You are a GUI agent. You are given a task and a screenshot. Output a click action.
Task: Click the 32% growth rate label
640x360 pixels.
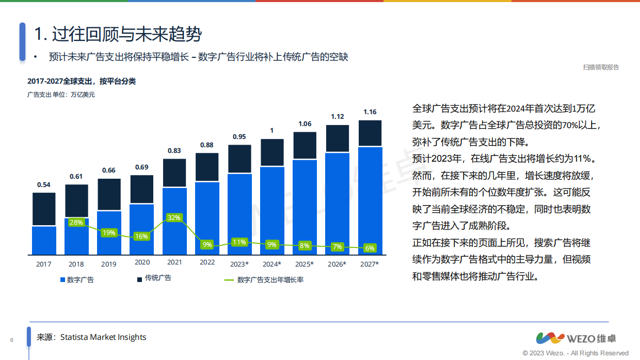[174, 218]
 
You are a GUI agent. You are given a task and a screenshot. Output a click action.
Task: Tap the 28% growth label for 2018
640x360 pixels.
[76, 223]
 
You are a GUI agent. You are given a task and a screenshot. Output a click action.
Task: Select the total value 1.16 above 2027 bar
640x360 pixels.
[370, 112]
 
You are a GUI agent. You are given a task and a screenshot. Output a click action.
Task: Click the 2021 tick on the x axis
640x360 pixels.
[174, 262]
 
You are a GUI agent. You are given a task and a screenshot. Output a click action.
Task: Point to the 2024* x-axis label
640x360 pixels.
[272, 264]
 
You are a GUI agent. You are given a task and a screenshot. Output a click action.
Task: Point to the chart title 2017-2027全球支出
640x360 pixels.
[82, 82]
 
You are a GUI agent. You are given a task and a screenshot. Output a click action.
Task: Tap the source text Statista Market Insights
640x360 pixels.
[103, 337]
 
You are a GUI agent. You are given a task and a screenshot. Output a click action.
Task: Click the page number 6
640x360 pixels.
[11, 340]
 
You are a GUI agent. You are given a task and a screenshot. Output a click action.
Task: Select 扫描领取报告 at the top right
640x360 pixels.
[601, 67]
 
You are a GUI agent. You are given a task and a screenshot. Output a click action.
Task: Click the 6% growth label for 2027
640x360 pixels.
[370, 248]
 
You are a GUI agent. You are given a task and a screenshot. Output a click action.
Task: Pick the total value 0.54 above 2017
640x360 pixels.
[44, 184]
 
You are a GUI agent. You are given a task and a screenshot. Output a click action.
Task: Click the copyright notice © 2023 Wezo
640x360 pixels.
[575, 353]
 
